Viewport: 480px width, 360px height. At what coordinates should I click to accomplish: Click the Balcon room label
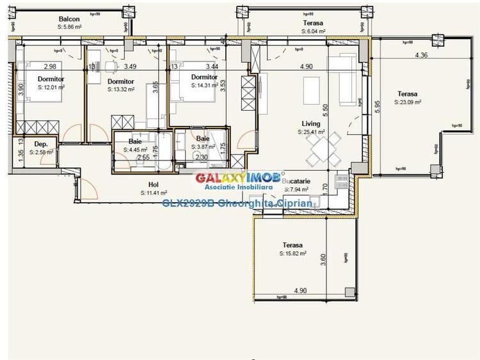(69, 19)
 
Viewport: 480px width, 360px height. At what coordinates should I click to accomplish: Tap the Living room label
(312, 124)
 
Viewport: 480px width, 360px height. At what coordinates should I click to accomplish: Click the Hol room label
(154, 184)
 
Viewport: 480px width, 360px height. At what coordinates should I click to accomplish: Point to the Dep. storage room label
(42, 145)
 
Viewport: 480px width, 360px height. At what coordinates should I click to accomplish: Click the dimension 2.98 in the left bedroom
(51, 66)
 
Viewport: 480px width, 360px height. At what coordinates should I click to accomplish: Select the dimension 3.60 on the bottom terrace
(323, 259)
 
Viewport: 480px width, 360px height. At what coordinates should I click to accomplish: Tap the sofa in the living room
(344, 84)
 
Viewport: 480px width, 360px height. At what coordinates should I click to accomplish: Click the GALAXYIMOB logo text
(241, 177)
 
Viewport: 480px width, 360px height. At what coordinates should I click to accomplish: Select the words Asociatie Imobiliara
(241, 188)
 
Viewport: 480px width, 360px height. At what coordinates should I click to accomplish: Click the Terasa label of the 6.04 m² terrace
(312, 23)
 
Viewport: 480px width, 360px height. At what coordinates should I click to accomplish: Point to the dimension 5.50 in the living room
(324, 109)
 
